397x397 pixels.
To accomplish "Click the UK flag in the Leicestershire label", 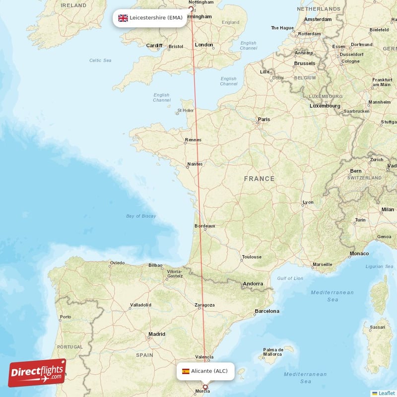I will (x=123, y=18).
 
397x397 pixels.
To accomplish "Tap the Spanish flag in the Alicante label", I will (x=185, y=371).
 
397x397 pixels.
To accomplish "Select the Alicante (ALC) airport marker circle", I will (x=205, y=387).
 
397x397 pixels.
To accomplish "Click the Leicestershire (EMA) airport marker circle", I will (x=191, y=8).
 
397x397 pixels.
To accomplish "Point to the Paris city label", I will (x=264, y=119).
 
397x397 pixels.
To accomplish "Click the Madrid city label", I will (x=156, y=334).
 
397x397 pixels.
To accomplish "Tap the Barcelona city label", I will (x=266, y=311).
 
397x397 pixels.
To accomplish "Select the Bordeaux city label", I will (x=205, y=226).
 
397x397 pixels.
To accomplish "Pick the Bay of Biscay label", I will (x=141, y=216).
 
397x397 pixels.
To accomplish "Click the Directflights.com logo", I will (x=37, y=373).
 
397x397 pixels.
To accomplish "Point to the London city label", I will (x=204, y=45).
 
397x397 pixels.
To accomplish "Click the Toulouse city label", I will (x=251, y=257).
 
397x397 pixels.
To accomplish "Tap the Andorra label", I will (x=252, y=284).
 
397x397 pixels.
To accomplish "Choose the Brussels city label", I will (x=304, y=64).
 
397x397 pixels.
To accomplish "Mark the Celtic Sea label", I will (x=100, y=60).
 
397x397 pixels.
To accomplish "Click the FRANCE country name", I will (x=259, y=179).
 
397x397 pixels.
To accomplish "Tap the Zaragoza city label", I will (x=204, y=305).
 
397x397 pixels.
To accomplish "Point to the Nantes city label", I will (x=195, y=164).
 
